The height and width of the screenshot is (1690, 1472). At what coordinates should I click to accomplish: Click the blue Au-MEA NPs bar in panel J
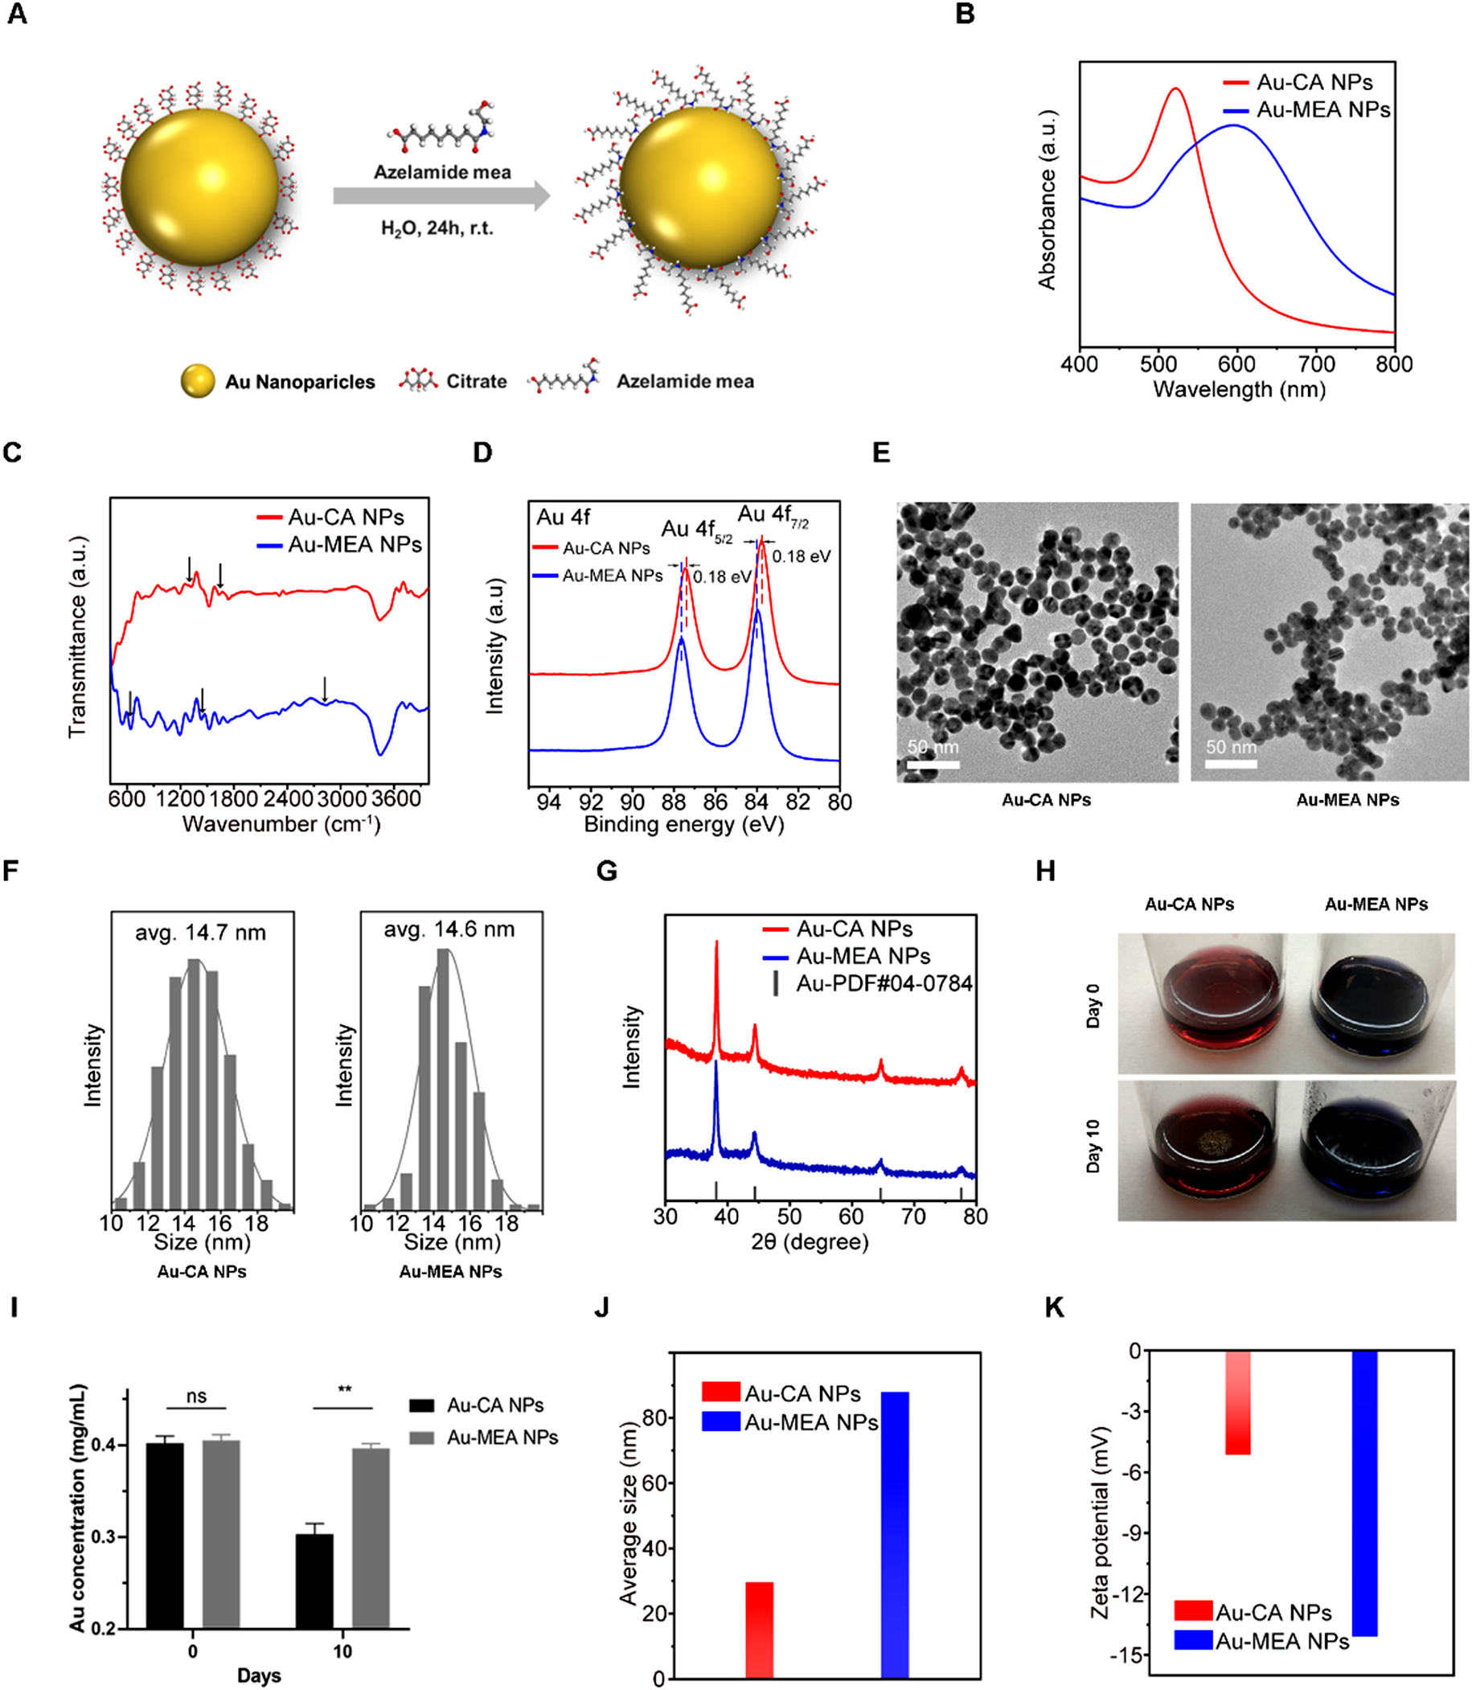click(x=895, y=1534)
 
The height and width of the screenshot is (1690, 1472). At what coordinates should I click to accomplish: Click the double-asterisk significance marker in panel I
click(x=344, y=1389)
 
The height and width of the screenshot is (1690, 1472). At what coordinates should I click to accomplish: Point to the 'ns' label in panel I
click(x=196, y=1396)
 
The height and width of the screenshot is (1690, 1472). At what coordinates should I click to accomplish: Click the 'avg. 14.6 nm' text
click(x=449, y=929)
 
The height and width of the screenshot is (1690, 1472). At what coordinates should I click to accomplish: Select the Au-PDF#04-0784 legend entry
click(x=883, y=982)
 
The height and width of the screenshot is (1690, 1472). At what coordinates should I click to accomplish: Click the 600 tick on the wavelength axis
click(x=1236, y=364)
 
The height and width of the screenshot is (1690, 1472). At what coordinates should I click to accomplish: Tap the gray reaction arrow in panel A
click(x=441, y=195)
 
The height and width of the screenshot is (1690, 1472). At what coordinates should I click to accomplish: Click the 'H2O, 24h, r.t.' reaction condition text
click(x=437, y=228)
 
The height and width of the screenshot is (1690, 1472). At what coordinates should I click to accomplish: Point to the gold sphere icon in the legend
click(x=197, y=381)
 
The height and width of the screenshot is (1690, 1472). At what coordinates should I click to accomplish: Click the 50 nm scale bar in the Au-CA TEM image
click(x=933, y=764)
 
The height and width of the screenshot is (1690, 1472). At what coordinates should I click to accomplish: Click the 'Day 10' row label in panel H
click(x=1093, y=1146)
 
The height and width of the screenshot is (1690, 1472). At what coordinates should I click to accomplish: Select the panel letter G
click(x=606, y=871)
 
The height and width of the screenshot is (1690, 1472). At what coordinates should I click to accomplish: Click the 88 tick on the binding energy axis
click(x=673, y=802)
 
